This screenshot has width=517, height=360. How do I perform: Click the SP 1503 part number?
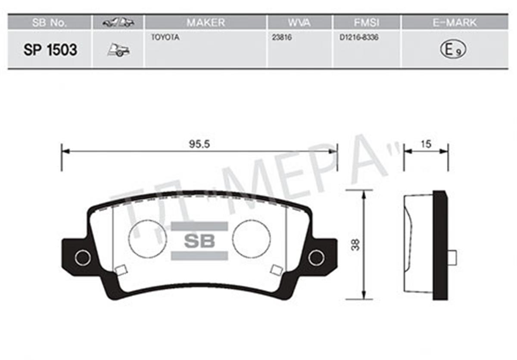[50, 50]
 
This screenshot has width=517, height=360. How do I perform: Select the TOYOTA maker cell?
[165, 38]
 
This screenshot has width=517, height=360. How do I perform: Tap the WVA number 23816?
[282, 38]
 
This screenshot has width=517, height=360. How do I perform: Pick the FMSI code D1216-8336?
[358, 38]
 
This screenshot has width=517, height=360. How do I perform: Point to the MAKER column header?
[206, 22]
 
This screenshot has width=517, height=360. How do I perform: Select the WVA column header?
[299, 22]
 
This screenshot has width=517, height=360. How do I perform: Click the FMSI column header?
[366, 22]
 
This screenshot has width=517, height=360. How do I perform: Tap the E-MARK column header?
[455, 22]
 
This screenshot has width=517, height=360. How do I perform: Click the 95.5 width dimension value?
[199, 145]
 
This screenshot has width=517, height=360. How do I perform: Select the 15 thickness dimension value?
[426, 144]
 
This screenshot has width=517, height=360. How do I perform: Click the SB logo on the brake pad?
[199, 241]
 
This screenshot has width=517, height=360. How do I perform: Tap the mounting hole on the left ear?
[82, 258]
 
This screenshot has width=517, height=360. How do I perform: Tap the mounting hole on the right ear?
[316, 258]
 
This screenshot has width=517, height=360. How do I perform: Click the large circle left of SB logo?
[147, 238]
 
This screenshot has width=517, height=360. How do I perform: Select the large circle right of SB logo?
[251, 238]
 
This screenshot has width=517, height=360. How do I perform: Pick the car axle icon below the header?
[118, 50]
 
